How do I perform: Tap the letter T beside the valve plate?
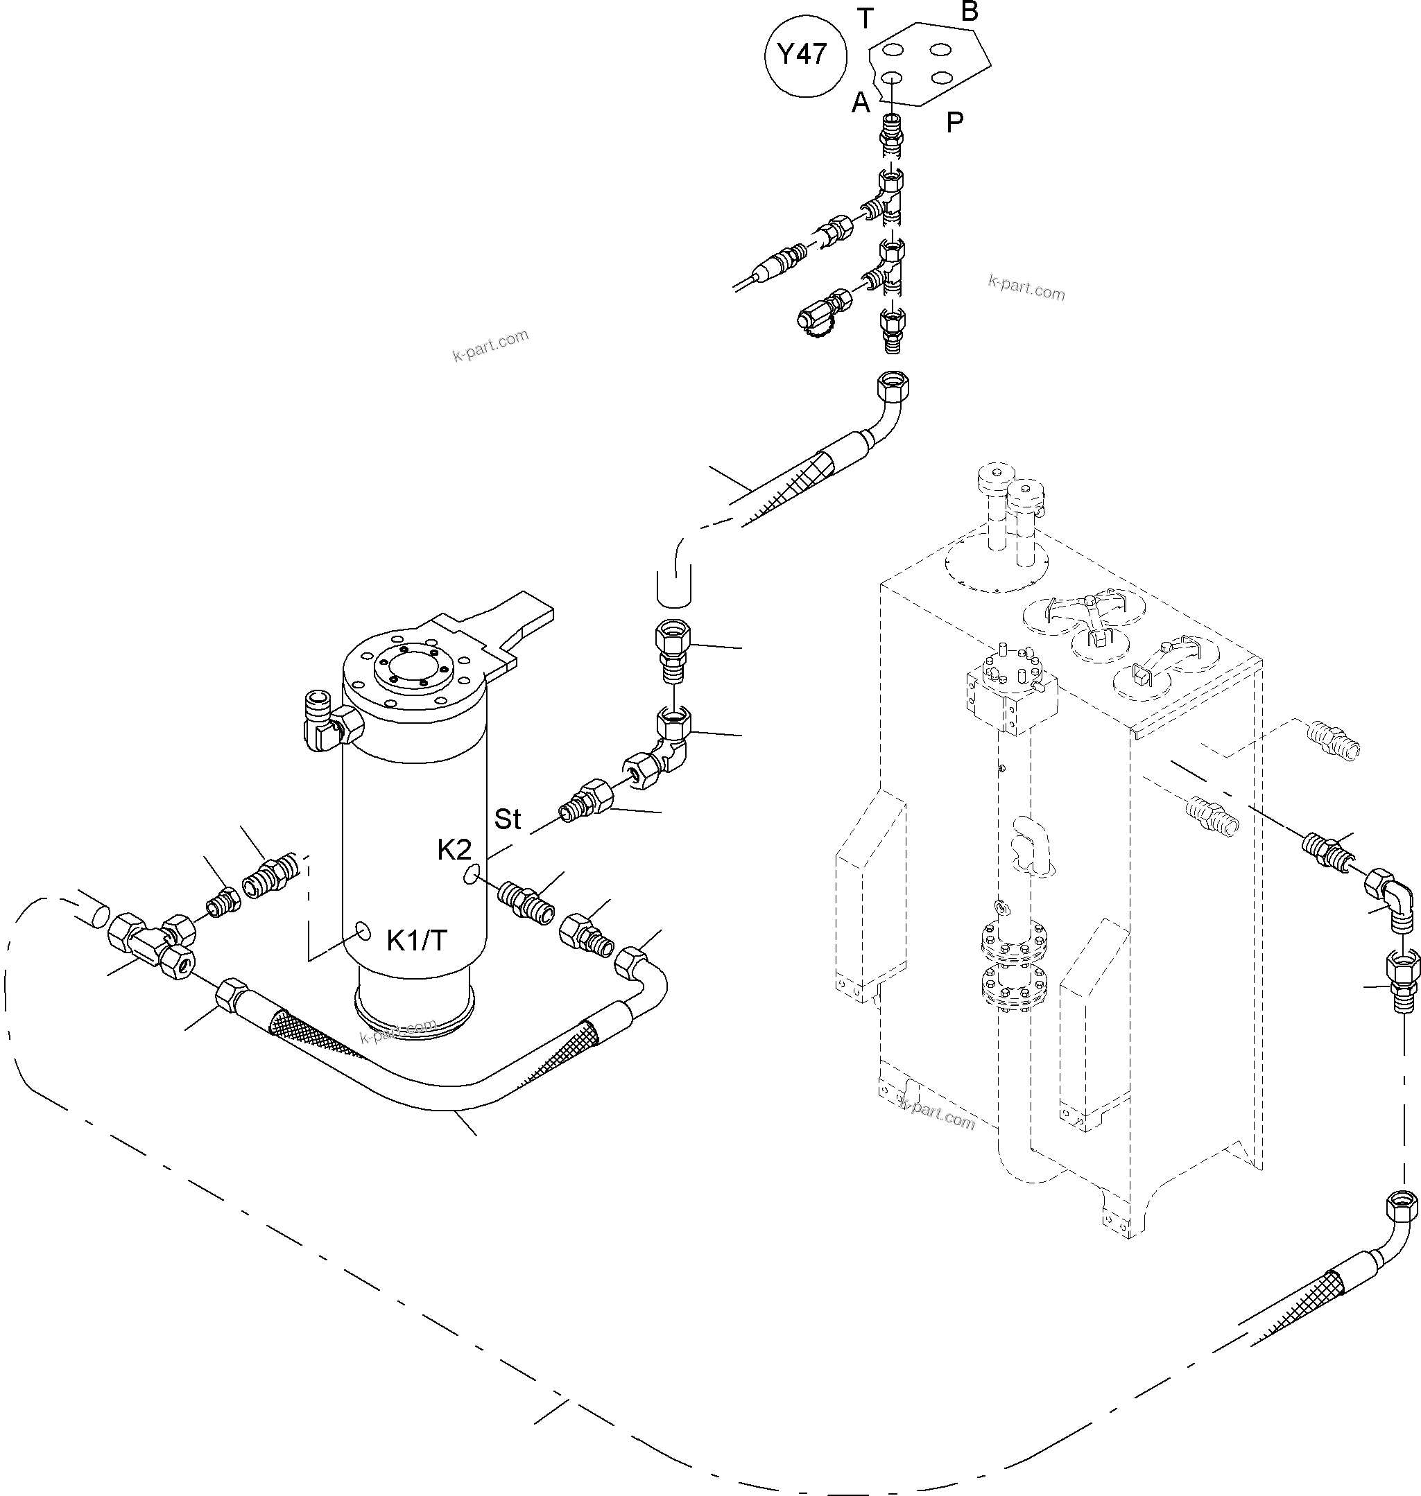(865, 18)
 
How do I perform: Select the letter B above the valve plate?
(970, 11)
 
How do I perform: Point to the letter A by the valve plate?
(861, 102)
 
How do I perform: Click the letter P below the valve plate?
(954, 122)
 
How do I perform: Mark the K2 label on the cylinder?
(454, 850)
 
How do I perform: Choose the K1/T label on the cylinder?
(417, 940)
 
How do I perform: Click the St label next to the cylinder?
(508, 819)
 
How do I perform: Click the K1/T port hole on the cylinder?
(363, 930)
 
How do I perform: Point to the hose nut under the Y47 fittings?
(892, 387)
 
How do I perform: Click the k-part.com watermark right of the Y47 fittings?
(1026, 288)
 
